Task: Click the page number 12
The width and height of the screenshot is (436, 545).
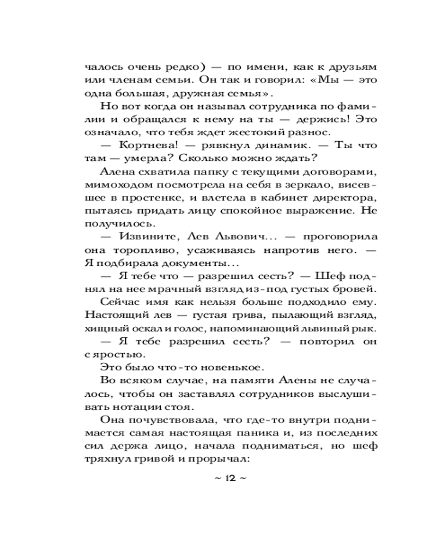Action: pos(228,479)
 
